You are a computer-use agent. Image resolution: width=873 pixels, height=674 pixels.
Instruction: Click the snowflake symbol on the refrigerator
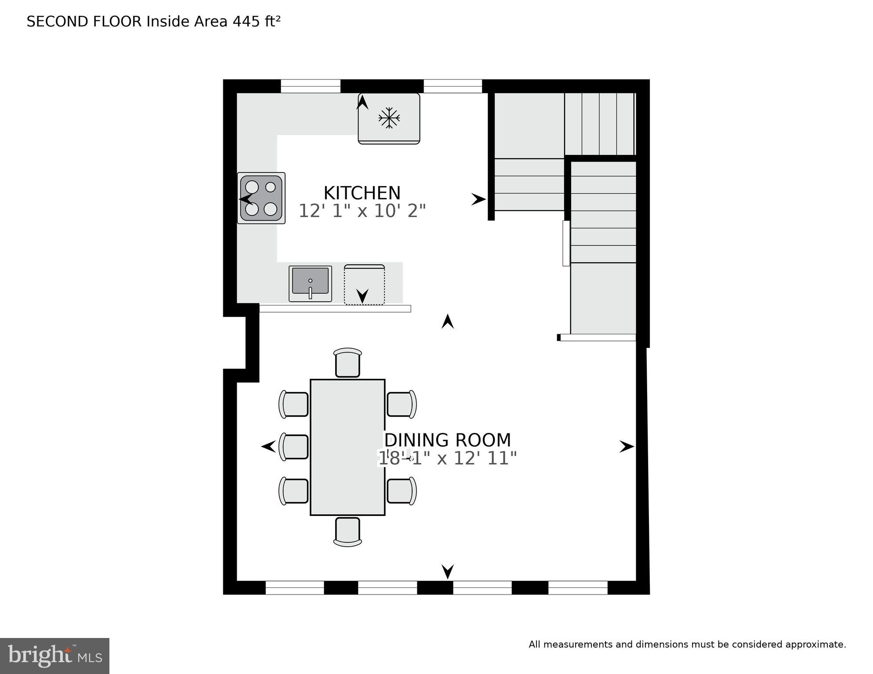click(389, 118)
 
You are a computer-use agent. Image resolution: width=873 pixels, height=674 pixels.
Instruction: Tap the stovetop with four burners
click(261, 198)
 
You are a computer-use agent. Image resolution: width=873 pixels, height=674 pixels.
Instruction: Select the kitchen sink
click(310, 284)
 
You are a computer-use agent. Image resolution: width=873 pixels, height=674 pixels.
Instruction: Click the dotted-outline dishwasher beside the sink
click(364, 285)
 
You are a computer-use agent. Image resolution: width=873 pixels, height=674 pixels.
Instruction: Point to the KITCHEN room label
click(362, 193)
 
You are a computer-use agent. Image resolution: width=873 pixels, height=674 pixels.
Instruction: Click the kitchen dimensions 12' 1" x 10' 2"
click(362, 211)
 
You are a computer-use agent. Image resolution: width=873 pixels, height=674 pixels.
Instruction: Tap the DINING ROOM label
click(448, 440)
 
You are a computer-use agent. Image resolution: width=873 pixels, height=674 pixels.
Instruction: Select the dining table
click(348, 447)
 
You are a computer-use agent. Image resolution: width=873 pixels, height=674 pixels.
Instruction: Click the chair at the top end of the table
click(348, 363)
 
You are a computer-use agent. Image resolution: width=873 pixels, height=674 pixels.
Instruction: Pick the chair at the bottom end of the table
click(348, 532)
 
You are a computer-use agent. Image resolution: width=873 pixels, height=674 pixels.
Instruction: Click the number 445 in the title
click(246, 22)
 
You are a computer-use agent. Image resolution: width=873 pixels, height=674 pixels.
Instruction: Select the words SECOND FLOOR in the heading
click(84, 22)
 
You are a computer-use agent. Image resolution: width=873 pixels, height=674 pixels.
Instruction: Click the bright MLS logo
click(54, 656)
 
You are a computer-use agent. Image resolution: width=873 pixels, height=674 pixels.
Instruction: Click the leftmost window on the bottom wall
click(295, 587)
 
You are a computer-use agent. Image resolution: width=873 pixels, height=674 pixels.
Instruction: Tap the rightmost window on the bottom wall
click(578, 587)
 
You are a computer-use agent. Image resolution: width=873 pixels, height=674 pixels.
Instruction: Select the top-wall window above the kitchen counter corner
click(310, 86)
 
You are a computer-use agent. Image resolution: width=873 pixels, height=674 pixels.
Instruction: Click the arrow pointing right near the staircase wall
click(478, 199)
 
